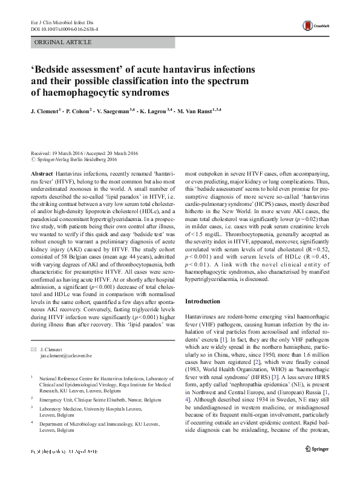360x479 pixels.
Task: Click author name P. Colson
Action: pos(76,112)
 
